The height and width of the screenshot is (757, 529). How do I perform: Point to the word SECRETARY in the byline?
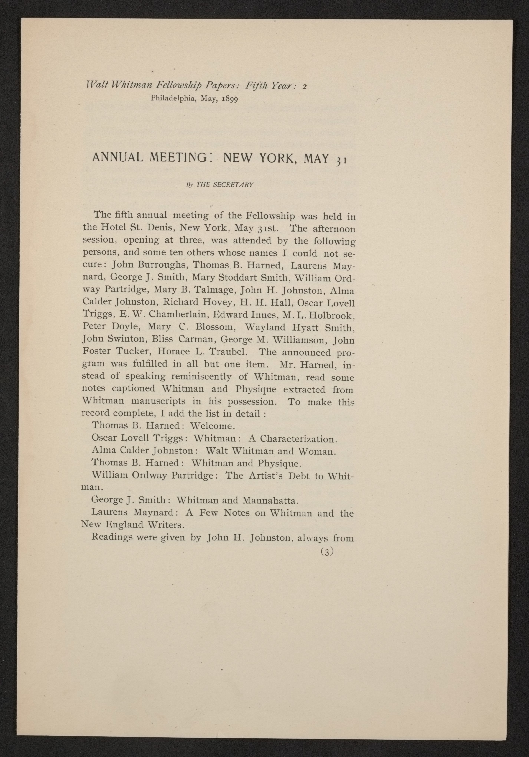coord(233,185)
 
